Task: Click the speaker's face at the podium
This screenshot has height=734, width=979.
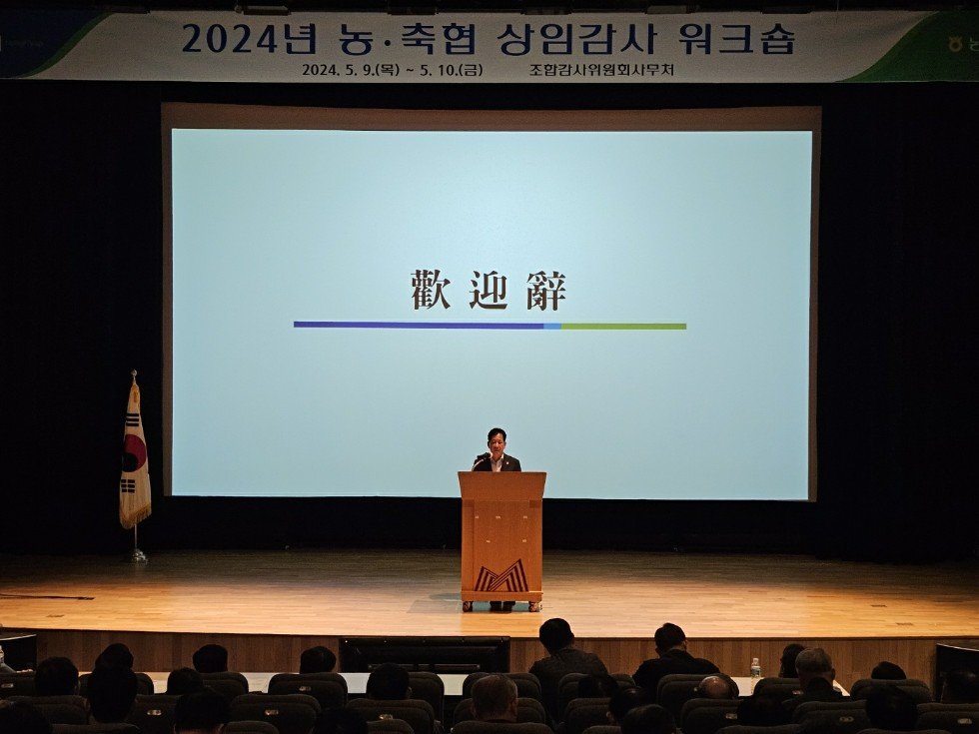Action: pos(496,440)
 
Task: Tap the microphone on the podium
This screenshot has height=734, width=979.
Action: pos(482,456)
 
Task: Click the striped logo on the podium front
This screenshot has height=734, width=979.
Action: pos(501,576)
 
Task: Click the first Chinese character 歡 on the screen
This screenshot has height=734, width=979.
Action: pos(431,290)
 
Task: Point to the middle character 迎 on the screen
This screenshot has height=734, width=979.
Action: pos(489,290)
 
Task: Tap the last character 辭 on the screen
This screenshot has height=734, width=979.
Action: pos(546,290)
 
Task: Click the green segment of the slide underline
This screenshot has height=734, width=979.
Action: pos(623,326)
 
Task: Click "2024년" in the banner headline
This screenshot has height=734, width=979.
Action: pos(249,39)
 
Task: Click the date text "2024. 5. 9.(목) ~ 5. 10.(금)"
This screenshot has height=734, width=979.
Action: pos(392,70)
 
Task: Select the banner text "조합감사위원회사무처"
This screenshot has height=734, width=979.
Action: pos(603,70)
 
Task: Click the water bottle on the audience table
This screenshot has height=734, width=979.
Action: pos(755,668)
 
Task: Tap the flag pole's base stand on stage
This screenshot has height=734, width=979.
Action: pos(136,555)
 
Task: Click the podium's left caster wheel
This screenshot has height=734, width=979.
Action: pos(467,605)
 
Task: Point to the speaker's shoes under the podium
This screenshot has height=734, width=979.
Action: pos(500,605)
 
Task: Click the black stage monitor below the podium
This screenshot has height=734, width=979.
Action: pos(425,654)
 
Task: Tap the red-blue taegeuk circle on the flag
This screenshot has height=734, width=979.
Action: pos(134,457)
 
